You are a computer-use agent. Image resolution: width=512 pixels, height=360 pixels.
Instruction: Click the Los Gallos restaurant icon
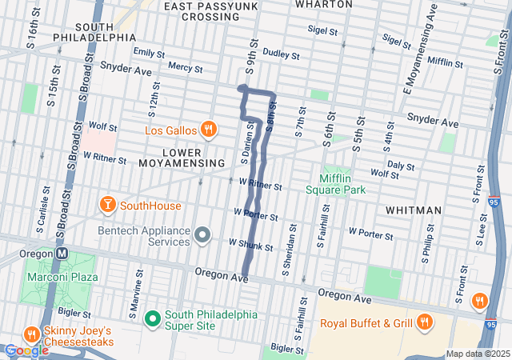point(208,130)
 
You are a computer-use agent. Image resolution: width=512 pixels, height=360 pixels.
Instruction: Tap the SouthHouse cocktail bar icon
point(106,206)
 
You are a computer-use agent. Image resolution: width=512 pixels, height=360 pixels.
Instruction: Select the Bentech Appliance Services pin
point(202,235)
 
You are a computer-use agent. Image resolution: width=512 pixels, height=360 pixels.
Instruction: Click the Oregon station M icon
point(60,253)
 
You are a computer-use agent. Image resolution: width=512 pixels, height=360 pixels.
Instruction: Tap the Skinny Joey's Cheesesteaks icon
point(31,333)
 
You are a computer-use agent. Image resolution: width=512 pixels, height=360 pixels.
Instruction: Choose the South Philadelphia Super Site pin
point(153,318)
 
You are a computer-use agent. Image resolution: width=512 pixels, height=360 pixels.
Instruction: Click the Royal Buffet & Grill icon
point(424,323)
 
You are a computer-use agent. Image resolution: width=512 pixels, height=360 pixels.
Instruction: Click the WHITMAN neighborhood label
point(413,210)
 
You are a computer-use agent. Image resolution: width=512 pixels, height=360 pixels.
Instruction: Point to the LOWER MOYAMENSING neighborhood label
point(181,157)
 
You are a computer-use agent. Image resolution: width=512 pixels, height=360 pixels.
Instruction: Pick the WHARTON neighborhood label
point(323,4)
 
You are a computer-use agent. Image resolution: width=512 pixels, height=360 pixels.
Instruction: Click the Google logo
point(26,350)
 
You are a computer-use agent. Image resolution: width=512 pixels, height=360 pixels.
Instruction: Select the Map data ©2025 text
point(477,354)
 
